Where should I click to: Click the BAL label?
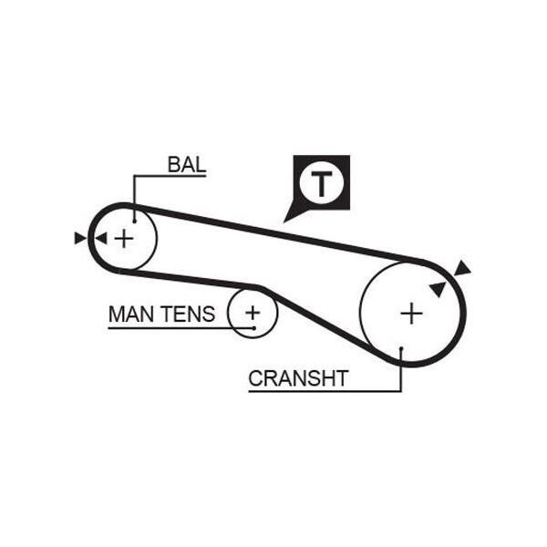(x=187, y=165)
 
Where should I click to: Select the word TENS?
(x=189, y=314)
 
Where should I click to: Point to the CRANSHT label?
(x=298, y=378)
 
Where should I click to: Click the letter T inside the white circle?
(x=321, y=183)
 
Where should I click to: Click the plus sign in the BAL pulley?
(x=124, y=239)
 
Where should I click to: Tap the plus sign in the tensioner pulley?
(x=253, y=312)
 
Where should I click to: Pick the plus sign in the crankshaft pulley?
(x=412, y=314)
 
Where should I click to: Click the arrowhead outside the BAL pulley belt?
(x=79, y=238)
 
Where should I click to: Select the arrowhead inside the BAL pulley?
(x=101, y=239)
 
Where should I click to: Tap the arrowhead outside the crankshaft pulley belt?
(x=462, y=268)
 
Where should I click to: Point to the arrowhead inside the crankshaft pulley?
(x=439, y=288)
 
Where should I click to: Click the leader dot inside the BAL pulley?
(x=134, y=222)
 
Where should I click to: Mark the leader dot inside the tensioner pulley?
(x=254, y=328)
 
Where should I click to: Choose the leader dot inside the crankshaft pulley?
(x=401, y=348)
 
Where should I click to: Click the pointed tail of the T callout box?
(x=284, y=222)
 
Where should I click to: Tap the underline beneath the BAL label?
(x=170, y=175)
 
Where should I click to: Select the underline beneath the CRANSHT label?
(x=325, y=391)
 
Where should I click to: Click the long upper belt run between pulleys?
(x=279, y=233)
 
